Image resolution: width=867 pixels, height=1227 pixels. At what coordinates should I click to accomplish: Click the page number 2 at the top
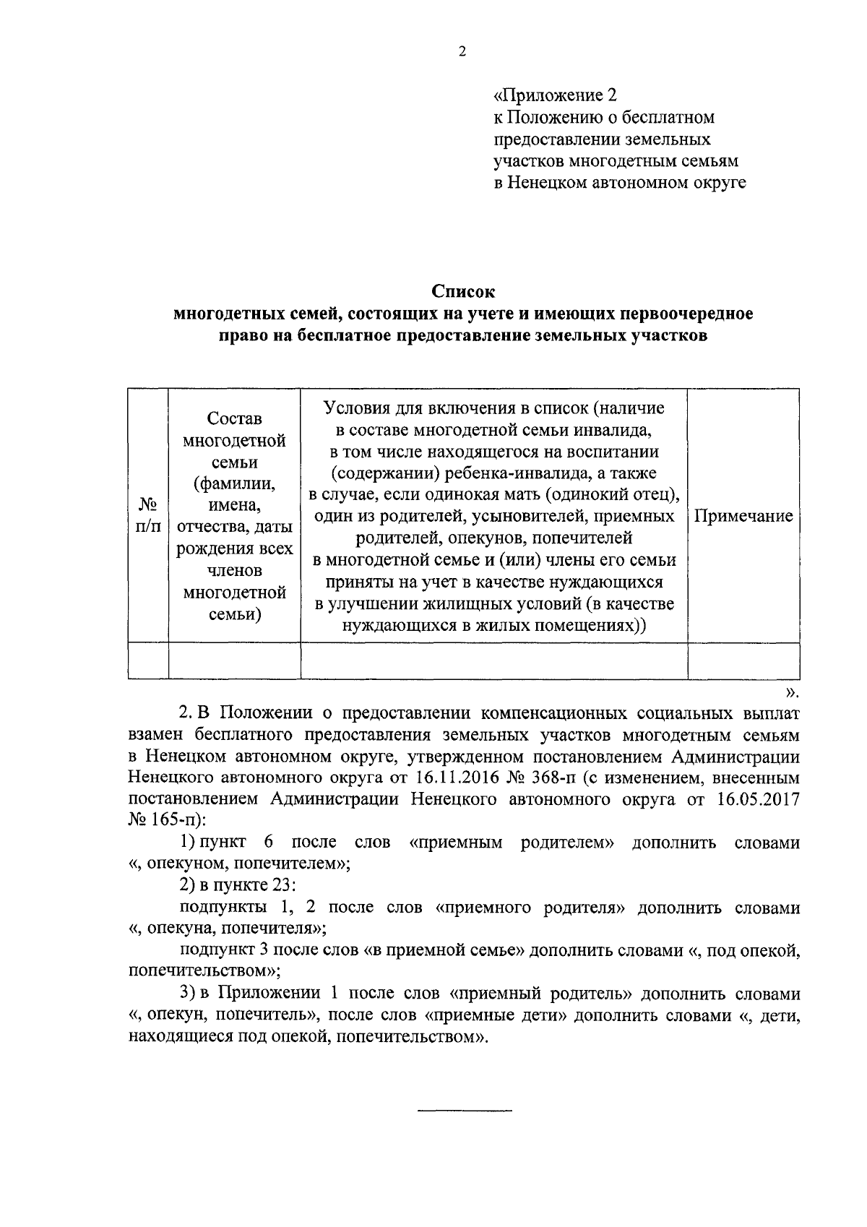[x=462, y=51]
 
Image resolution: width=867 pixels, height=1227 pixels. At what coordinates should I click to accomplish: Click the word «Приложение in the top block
[x=548, y=95]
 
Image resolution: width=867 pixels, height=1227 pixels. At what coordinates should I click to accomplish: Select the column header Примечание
[x=743, y=516]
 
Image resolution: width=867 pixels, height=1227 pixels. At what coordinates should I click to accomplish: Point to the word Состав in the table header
[x=234, y=418]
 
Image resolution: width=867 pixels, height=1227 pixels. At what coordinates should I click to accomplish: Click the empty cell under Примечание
[x=743, y=660]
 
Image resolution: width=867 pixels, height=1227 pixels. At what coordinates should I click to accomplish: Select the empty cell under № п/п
[x=148, y=660]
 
